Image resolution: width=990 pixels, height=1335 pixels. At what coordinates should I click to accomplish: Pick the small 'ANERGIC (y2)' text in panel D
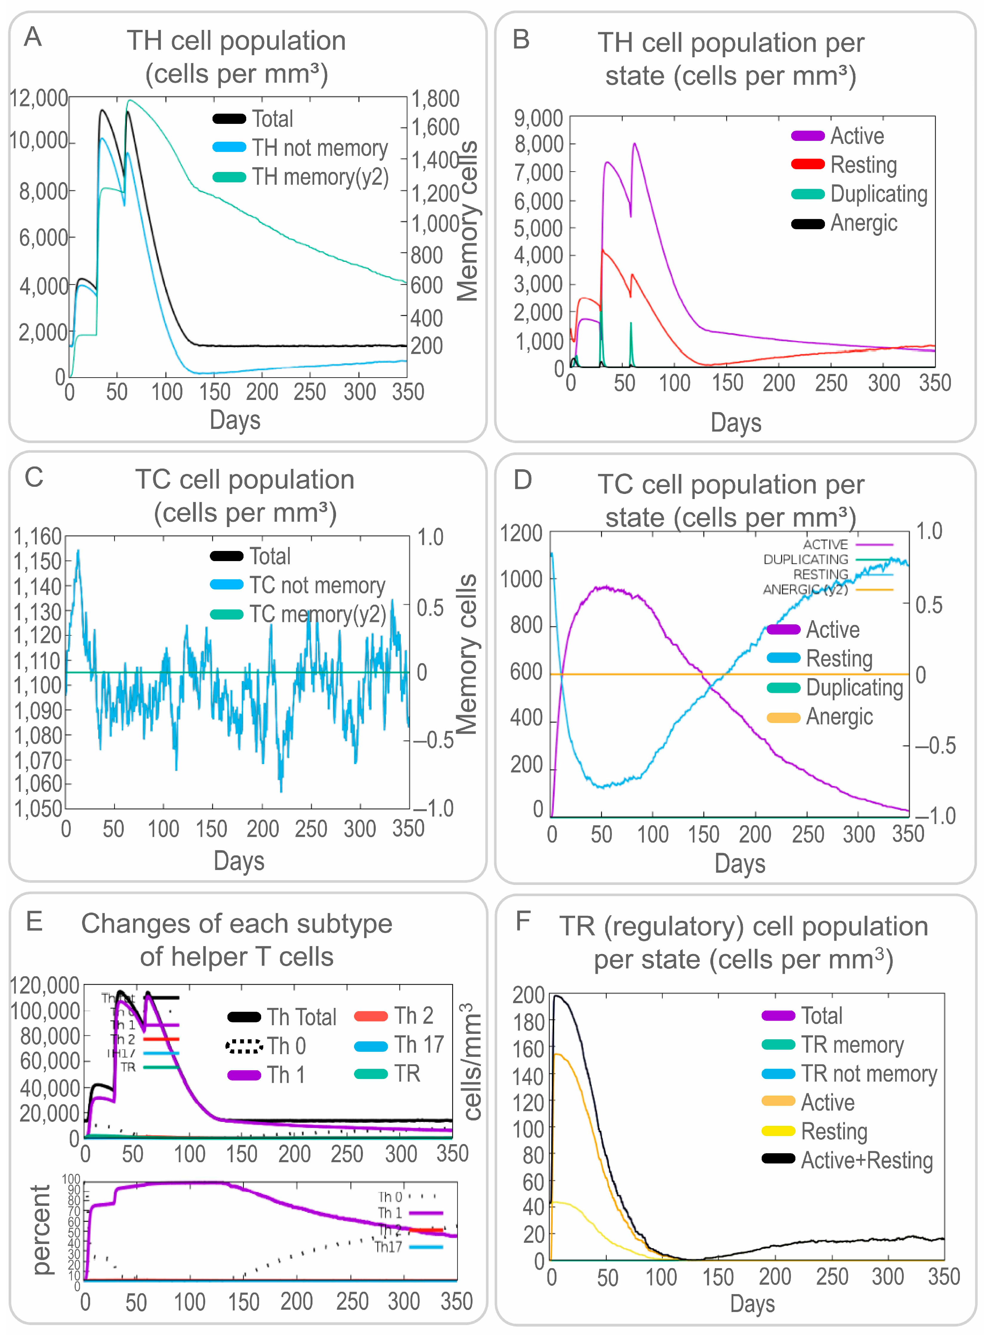point(805,590)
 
